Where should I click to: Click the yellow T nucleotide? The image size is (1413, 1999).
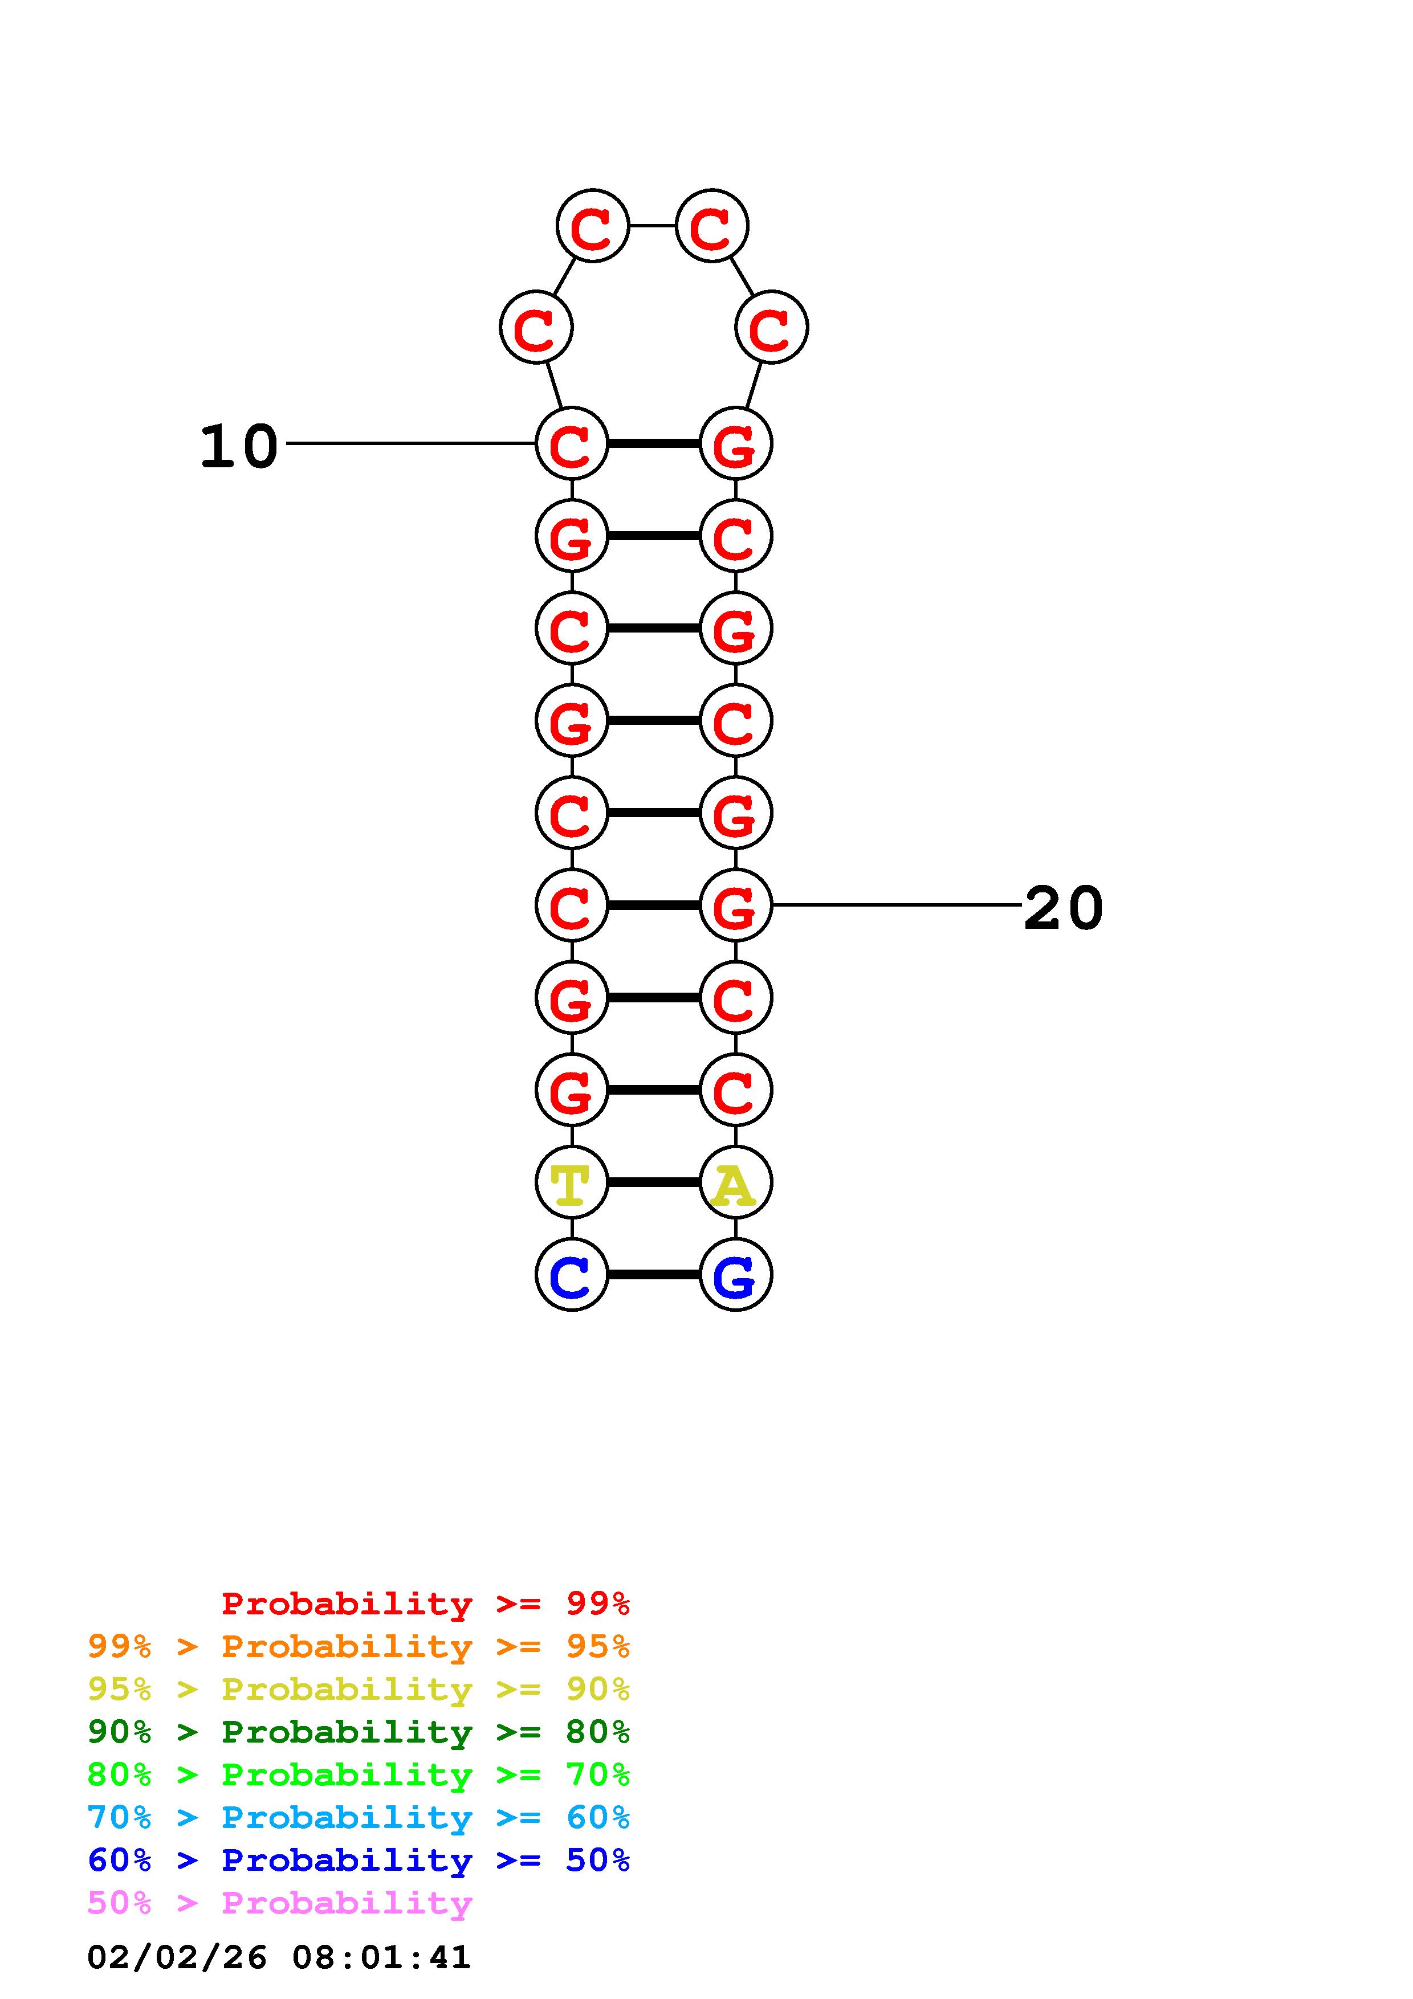[x=571, y=1182]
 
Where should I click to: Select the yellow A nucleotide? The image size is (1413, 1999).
[x=736, y=1182]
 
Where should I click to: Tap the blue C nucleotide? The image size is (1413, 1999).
[x=571, y=1275]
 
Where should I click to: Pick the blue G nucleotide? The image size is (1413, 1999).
[x=736, y=1275]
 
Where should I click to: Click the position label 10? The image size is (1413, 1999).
[x=239, y=447]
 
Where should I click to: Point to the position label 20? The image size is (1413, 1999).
[x=1063, y=908]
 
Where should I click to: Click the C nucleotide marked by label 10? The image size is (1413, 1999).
[x=571, y=443]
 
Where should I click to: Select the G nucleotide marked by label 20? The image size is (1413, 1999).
[x=736, y=905]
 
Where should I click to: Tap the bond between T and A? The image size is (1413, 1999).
[x=653, y=1182]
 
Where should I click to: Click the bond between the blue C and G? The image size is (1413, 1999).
[x=653, y=1275]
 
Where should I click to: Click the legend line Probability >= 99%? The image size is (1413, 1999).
[x=426, y=1604]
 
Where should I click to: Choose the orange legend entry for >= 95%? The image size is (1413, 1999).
[x=359, y=1646]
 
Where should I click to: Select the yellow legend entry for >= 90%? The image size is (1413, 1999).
[x=359, y=1689]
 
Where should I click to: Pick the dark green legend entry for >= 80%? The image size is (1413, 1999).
[x=359, y=1732]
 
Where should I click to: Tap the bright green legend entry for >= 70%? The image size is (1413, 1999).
[x=359, y=1774]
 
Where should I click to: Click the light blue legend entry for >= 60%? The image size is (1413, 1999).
[x=359, y=1817]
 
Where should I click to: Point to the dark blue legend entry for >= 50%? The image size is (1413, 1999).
[x=359, y=1860]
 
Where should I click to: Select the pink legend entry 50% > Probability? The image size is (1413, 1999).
[x=279, y=1902]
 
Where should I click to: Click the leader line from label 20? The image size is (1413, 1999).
[x=897, y=905]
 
